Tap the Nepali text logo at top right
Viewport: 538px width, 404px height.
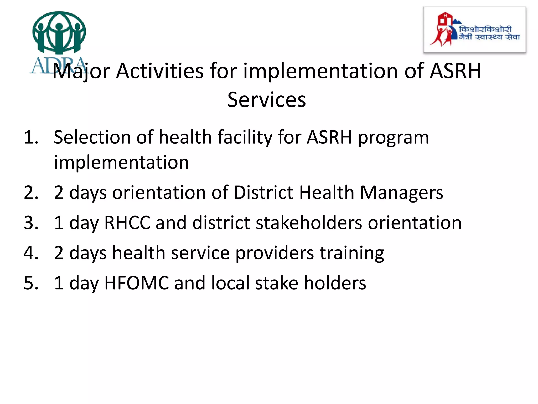point(489,33)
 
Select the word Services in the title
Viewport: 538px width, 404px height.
point(266,100)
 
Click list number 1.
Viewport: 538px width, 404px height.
point(31,137)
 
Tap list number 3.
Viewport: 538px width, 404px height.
point(31,223)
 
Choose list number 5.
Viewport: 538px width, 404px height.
point(31,283)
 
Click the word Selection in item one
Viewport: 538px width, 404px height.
point(92,137)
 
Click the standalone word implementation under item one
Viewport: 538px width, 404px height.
point(121,162)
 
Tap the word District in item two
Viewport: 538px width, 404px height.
point(263,193)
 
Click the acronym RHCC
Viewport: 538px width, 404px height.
point(127,223)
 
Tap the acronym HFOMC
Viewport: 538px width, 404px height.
point(137,283)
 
